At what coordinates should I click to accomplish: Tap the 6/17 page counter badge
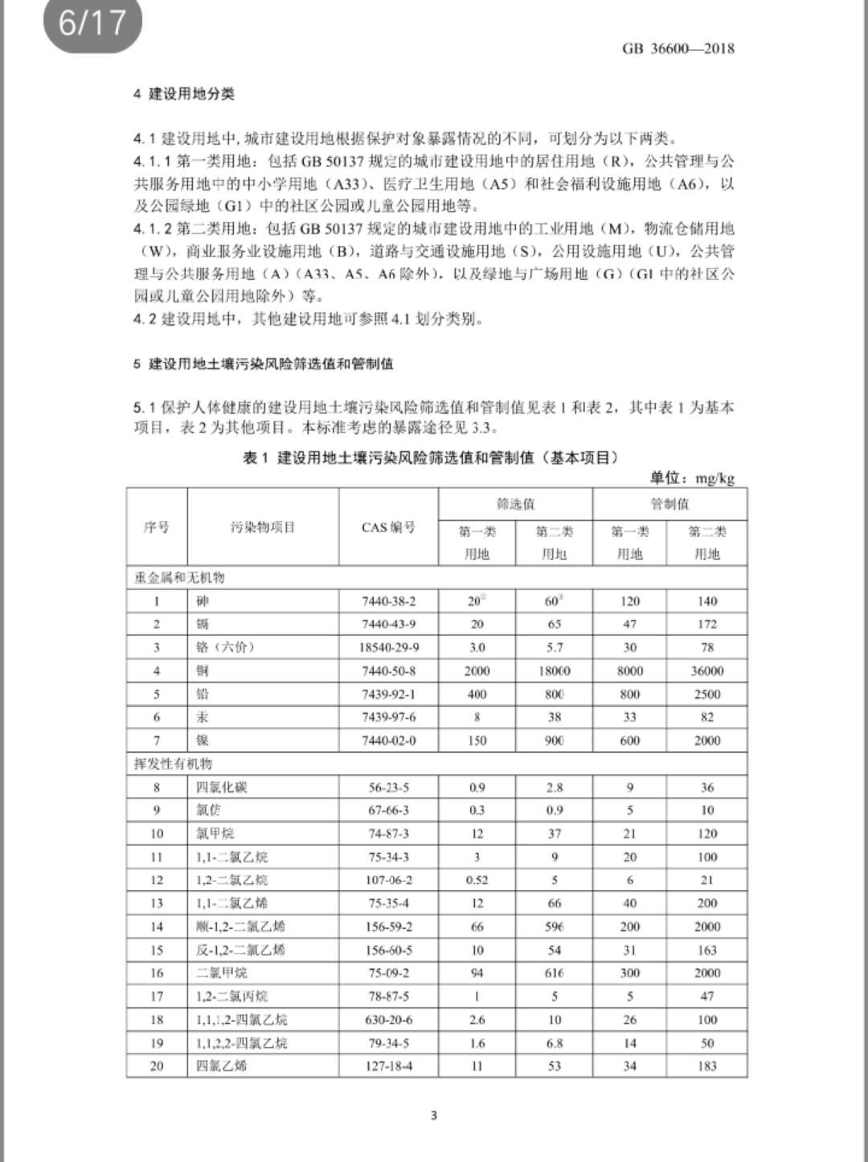point(92,23)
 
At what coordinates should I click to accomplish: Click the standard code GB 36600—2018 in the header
point(678,48)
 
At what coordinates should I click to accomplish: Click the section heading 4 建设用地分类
point(184,94)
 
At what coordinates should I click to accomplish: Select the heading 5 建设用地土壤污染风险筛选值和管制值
point(264,363)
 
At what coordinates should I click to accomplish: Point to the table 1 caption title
point(431,458)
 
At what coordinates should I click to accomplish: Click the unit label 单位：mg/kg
point(692,478)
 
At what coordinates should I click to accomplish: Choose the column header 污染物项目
point(263,528)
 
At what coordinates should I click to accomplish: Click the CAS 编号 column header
point(388,528)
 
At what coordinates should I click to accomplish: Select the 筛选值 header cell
point(515,504)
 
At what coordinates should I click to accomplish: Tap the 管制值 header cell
point(669,504)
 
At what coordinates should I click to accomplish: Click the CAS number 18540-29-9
point(388,647)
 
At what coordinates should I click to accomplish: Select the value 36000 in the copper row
point(707,671)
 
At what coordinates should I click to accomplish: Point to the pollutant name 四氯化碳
point(222,787)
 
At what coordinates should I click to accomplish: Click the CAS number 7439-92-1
point(388,694)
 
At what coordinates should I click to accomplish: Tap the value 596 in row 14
point(555,926)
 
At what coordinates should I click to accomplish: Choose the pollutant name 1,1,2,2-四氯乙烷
point(242,1043)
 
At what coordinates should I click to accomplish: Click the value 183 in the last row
point(707,1066)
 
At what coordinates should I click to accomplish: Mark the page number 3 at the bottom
point(434,1115)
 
